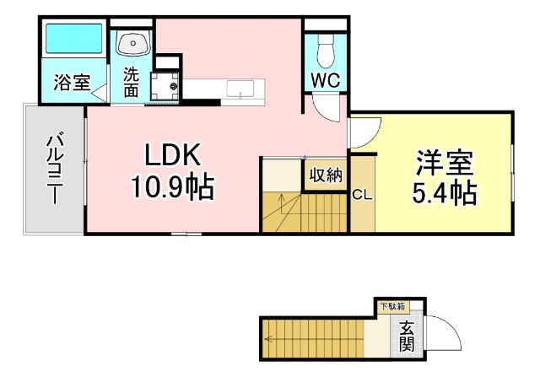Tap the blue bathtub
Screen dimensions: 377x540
(73, 40)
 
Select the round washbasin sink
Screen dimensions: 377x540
(132, 43)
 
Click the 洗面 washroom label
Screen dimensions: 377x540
(131, 82)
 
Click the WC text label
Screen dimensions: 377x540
(324, 81)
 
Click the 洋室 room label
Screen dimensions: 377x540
(445, 162)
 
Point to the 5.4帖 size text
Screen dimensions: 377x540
(445, 193)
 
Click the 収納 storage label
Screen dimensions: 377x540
(324, 175)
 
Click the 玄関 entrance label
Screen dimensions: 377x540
(407, 336)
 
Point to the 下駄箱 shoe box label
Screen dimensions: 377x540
(391, 306)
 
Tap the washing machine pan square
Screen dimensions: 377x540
(164, 86)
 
